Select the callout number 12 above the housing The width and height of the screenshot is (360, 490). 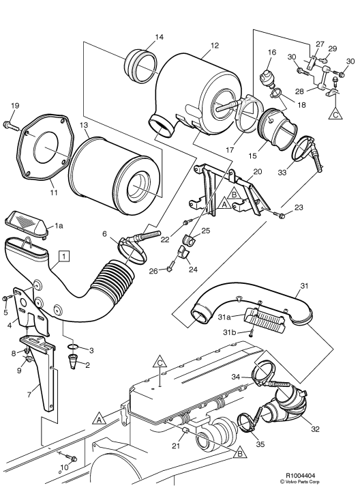214,45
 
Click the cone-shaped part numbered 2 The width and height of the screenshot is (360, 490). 74,360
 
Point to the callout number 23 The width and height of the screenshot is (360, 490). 298,207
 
